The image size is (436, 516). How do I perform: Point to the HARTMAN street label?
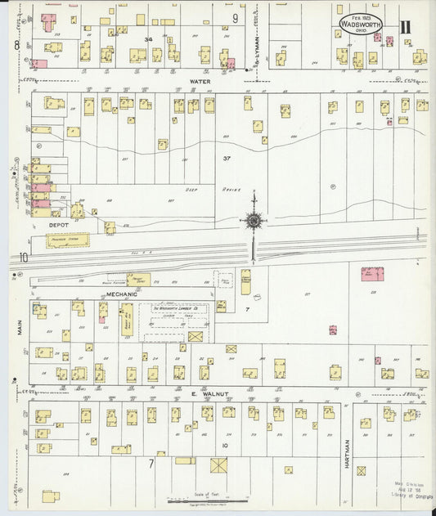pos(348,449)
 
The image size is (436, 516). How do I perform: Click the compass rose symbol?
pos(254,221)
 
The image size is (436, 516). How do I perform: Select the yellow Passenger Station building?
pos(61,240)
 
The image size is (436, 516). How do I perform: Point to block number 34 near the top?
pos(148,39)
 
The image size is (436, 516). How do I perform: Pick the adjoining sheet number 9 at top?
pos(235,17)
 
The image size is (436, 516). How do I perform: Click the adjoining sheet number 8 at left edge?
pos(16,45)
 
